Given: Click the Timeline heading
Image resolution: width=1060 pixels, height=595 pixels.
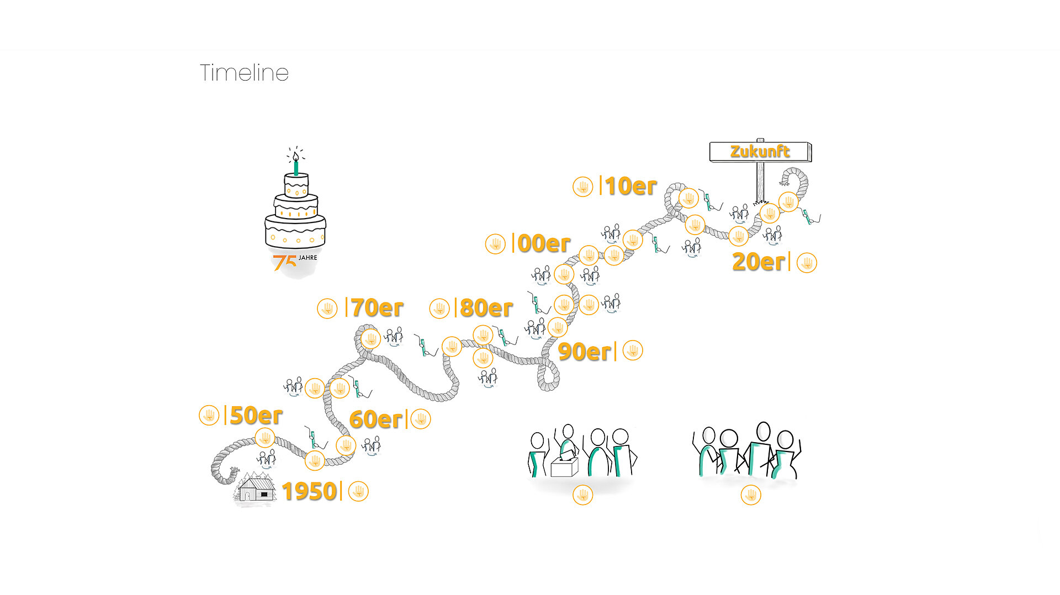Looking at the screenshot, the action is [244, 73].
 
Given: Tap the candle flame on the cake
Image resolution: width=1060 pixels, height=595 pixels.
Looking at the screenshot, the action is [296, 156].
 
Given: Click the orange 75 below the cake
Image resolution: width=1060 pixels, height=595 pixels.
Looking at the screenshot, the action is [284, 262].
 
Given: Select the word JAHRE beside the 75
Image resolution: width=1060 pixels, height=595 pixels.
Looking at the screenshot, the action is [308, 258].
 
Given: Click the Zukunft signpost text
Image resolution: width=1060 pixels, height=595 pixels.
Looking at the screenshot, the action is [760, 151].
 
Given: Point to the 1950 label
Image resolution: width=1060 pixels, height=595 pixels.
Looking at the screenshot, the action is [309, 491].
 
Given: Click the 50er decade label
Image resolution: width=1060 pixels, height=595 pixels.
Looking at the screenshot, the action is [256, 416].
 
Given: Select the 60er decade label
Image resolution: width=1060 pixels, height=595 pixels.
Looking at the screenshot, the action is [376, 419].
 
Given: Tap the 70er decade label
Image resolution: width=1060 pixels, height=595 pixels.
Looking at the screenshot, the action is [377, 308].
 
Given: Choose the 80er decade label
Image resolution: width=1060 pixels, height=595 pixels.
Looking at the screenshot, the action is [486, 308].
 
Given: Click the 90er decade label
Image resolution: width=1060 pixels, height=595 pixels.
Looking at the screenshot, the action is [585, 352].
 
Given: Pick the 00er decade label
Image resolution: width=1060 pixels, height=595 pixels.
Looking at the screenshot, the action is [544, 243].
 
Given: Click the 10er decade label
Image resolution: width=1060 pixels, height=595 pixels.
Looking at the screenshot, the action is [631, 187].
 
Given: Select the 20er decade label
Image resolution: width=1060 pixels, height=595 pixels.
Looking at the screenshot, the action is [759, 262].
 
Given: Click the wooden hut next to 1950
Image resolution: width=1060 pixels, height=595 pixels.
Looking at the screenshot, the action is [256, 487].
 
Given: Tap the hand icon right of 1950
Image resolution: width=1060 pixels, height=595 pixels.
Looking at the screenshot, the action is [358, 491].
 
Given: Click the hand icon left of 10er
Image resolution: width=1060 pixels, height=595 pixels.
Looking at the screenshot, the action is [583, 187].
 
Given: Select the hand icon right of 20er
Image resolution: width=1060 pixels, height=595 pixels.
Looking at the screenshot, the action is [807, 263].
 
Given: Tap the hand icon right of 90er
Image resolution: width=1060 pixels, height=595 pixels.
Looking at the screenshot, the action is [633, 350].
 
